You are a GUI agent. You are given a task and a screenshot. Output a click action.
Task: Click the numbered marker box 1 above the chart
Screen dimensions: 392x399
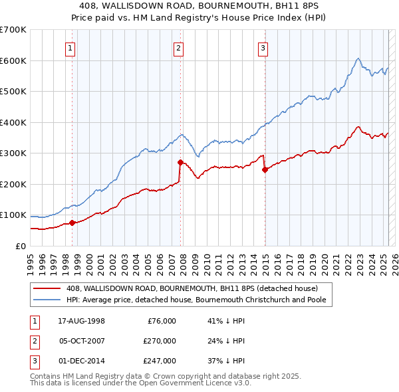click(70, 47)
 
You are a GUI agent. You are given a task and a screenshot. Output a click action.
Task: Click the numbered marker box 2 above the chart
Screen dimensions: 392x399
click(179, 47)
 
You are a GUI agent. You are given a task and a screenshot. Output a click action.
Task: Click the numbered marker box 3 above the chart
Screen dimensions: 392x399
click(263, 47)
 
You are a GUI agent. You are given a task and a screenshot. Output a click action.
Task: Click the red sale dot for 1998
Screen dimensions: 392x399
click(72, 223)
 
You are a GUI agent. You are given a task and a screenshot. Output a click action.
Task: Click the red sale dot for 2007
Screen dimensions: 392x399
click(180, 161)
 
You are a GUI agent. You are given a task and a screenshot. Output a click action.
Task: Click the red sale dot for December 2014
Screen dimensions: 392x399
click(265, 169)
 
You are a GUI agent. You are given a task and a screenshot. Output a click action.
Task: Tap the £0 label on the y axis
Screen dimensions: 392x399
click(20, 246)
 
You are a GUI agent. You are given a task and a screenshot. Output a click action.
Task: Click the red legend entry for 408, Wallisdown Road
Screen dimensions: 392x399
click(192, 288)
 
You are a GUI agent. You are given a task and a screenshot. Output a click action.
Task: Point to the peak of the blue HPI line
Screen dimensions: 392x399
click(358, 58)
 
